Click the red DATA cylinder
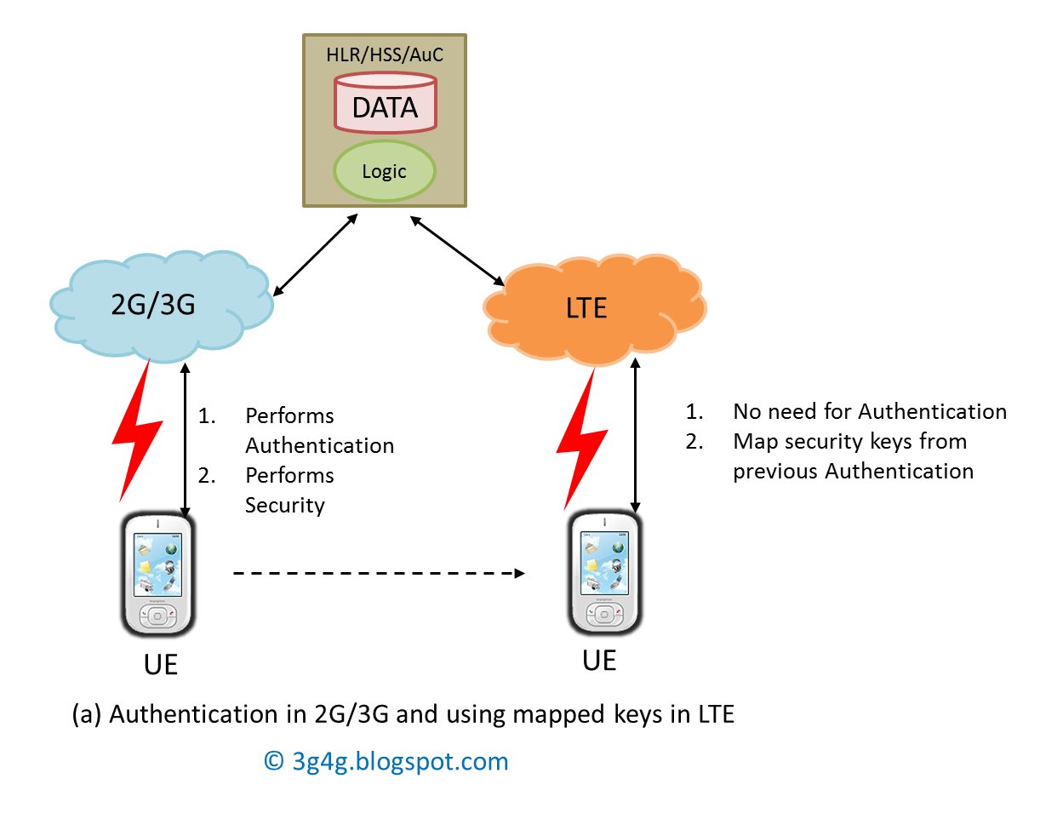(x=385, y=104)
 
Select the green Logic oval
(x=384, y=171)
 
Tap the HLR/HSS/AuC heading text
(x=385, y=55)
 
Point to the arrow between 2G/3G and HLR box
(x=314, y=255)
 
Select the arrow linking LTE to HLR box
(x=457, y=249)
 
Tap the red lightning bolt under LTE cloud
(x=580, y=438)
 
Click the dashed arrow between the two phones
(x=379, y=573)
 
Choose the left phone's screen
(x=157, y=563)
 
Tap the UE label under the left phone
(x=161, y=664)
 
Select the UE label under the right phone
(x=599, y=661)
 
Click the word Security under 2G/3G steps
(x=285, y=505)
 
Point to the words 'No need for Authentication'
(x=869, y=412)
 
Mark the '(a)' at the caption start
(x=87, y=714)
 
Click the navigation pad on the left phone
(x=157, y=616)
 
